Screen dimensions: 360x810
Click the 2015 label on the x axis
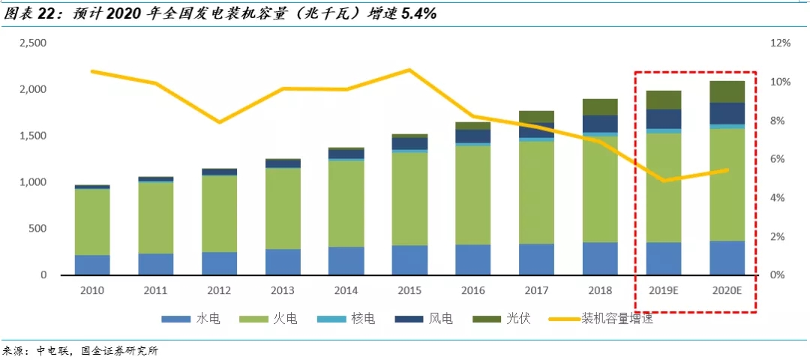click(409, 289)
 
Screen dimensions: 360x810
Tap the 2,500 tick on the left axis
click(33, 43)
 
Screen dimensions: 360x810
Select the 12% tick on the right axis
click(781, 43)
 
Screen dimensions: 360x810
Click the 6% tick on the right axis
click(778, 160)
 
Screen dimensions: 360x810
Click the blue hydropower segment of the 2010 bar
click(91, 265)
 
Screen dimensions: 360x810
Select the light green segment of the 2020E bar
click(726, 184)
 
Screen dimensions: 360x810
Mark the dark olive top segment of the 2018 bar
click(600, 106)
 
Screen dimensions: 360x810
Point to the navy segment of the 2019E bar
click(663, 118)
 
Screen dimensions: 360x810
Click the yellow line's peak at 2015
click(409, 70)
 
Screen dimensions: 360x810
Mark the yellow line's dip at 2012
click(218, 121)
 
